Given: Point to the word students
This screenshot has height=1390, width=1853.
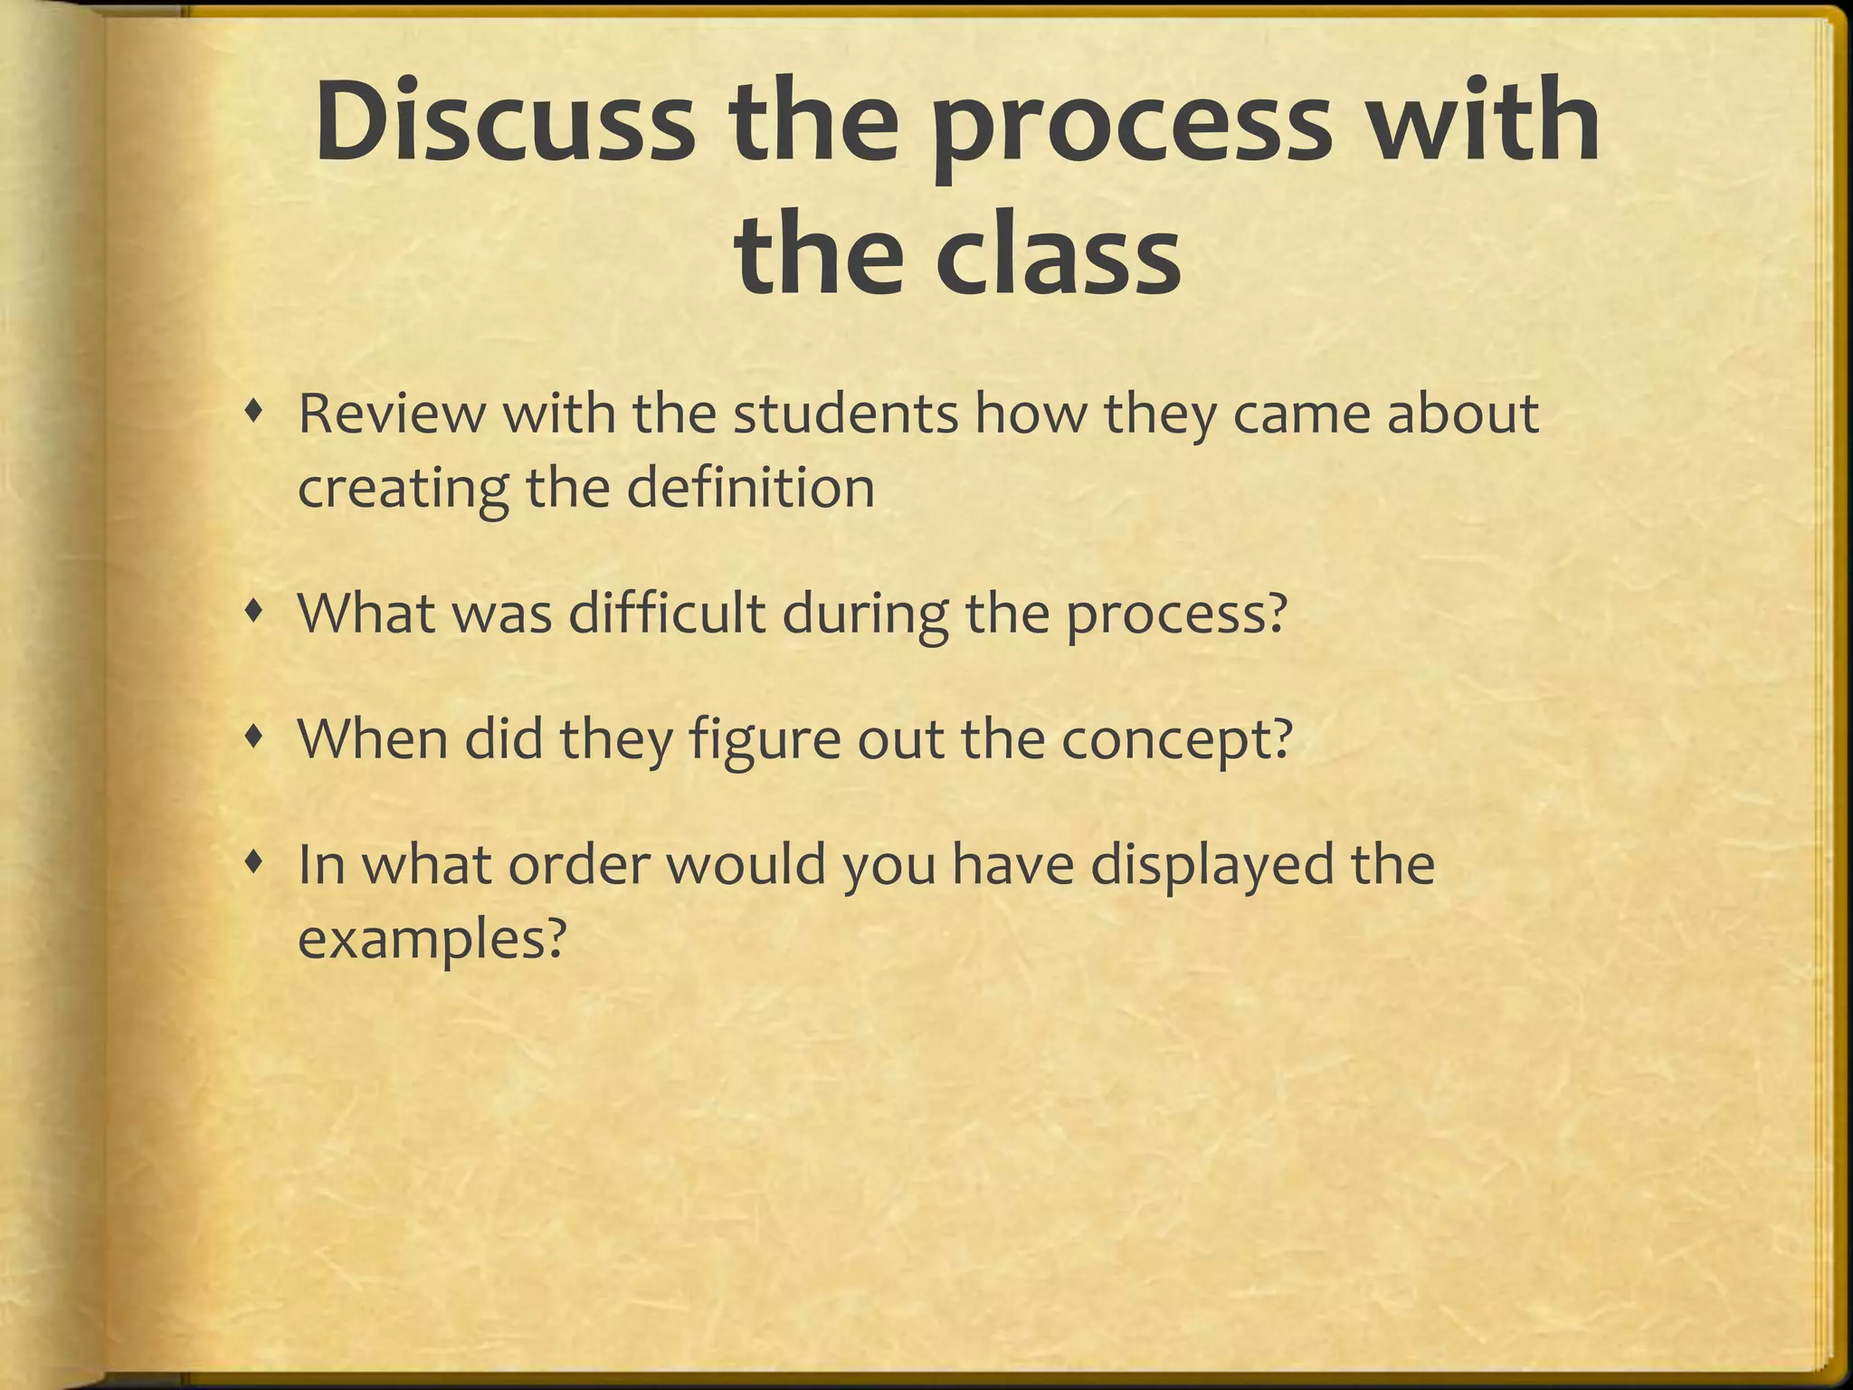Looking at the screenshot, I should (845, 414).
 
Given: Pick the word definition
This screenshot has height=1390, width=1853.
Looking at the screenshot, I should (750, 488).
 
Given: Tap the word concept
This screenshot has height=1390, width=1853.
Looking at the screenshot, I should (1175, 740).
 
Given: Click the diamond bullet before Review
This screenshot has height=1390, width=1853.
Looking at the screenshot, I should (259, 414).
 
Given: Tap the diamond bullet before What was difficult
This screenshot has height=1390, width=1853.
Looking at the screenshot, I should (259, 614).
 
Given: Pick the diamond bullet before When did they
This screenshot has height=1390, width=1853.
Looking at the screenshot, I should (259, 739).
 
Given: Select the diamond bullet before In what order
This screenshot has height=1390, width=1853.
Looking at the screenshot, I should (259, 865).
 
